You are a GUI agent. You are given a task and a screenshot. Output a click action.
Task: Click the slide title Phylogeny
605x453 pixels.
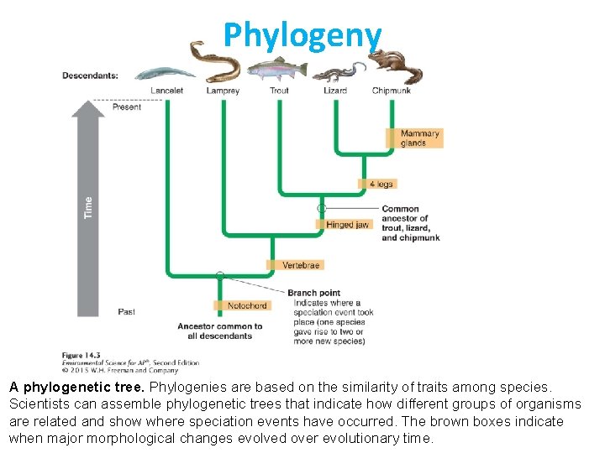click(302, 34)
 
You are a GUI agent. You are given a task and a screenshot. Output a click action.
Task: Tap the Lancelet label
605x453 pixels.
click(167, 91)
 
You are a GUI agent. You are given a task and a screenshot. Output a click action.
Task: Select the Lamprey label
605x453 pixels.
click(223, 91)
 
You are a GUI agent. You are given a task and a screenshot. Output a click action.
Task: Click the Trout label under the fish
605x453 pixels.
click(279, 91)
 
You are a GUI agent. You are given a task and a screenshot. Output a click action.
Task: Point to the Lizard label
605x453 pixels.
click(334, 91)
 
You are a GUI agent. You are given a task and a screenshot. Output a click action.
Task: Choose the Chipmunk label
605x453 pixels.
click(391, 91)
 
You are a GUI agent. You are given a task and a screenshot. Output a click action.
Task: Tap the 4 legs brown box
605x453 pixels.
click(381, 184)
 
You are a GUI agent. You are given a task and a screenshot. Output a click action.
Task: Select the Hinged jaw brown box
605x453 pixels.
click(347, 225)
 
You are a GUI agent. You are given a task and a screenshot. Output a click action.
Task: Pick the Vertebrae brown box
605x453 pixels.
click(300, 265)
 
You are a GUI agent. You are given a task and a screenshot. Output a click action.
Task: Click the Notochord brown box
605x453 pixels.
click(246, 305)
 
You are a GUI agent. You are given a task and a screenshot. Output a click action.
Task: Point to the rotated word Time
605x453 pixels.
click(88, 208)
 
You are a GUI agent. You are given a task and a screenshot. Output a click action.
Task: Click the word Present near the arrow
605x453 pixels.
click(126, 107)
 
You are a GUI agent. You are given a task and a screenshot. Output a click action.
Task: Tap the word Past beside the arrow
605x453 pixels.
click(126, 312)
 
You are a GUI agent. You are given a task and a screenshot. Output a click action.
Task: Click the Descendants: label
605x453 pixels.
click(90, 75)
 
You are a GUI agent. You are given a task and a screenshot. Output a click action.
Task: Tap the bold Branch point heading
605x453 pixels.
click(313, 294)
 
